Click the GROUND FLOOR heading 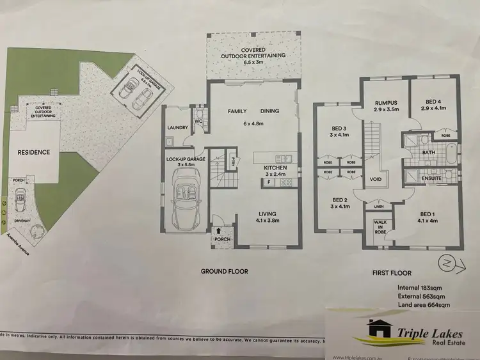pyautogui.click(x=225, y=271)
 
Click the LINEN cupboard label pyautogui.click(x=378, y=207)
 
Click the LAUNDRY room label pyautogui.click(x=177, y=128)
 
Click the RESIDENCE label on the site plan pyautogui.click(x=34, y=153)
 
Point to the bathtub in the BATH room pyautogui.click(x=452, y=153)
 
